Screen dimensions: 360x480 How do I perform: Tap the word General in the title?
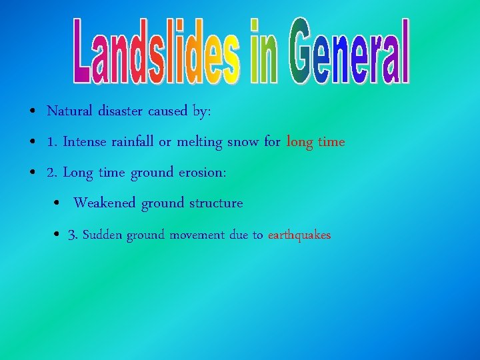point(349,52)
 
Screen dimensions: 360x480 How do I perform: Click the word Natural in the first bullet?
point(71,111)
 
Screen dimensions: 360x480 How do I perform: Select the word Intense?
point(87,142)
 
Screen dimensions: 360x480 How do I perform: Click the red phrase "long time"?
point(316,143)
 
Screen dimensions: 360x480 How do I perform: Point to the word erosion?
point(203,173)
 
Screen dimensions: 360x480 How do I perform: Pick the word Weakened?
point(105,203)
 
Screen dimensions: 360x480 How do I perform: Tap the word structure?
point(216,203)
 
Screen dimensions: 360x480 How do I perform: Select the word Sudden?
point(103,235)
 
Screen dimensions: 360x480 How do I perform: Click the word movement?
point(197,235)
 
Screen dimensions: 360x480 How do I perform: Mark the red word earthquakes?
point(299,235)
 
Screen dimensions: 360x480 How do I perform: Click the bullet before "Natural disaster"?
point(32,112)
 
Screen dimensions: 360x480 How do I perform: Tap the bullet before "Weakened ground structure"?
point(59,203)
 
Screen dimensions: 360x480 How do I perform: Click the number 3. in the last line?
point(73,235)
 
